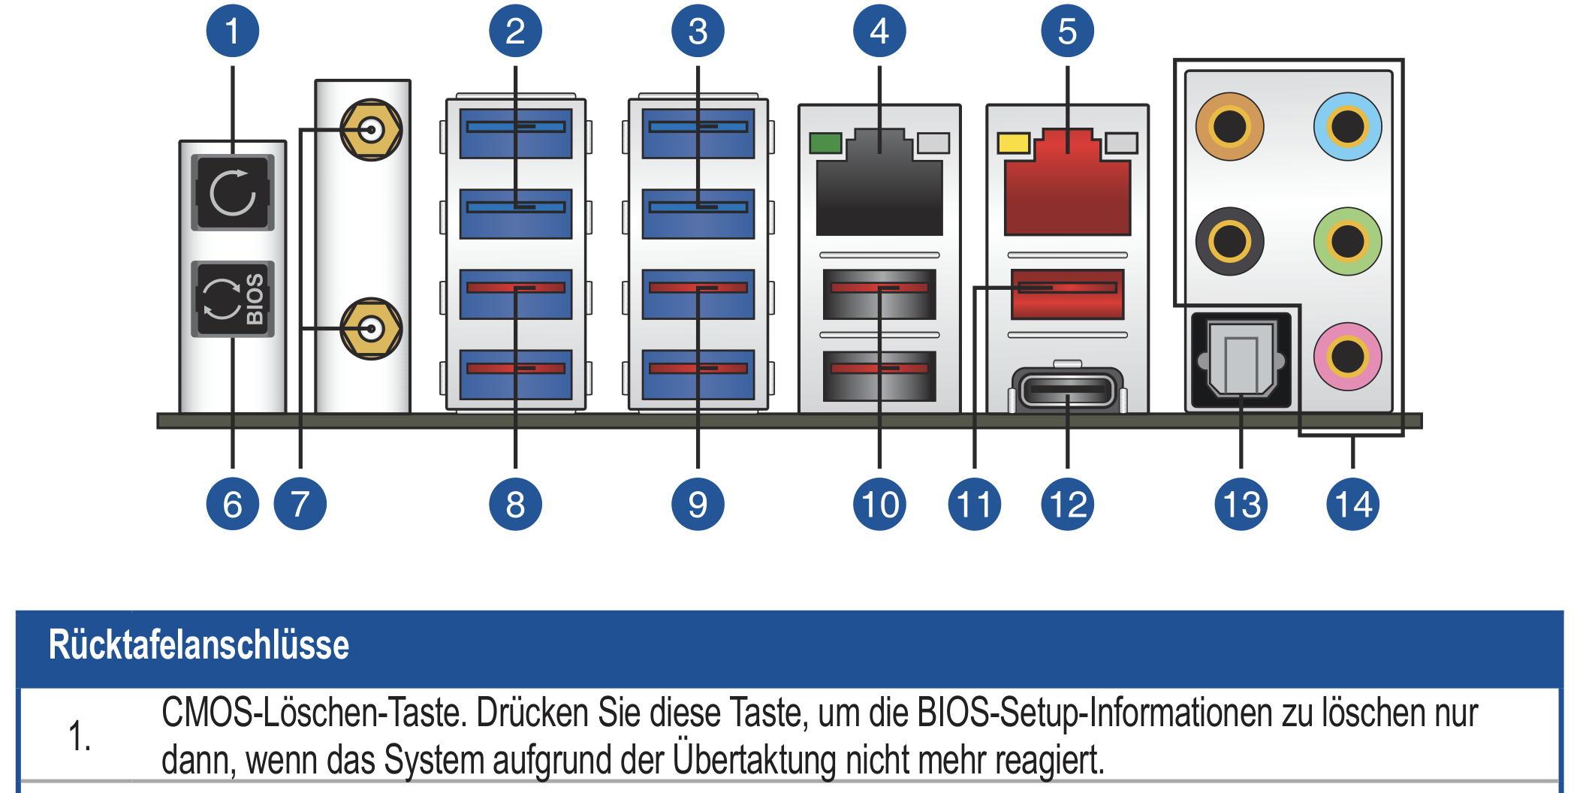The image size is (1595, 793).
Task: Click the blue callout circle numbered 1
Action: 232,31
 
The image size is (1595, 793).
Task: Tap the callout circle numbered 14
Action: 1352,504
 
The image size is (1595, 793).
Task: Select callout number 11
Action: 974,504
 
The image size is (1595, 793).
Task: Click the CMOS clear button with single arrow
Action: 233,192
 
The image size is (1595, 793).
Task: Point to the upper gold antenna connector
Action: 371,130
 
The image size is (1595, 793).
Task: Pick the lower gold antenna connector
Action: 371,329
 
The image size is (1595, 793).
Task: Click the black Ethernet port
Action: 879,188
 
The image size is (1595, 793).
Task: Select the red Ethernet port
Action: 1067,188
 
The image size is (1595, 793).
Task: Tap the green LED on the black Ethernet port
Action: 825,143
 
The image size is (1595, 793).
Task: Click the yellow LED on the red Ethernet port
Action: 1013,143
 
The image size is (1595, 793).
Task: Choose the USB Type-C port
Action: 1067,390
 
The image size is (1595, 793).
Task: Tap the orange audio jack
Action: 1229,126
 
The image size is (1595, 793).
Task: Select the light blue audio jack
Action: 1347,126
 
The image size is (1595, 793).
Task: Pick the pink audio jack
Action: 1347,357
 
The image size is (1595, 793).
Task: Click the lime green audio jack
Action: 1347,241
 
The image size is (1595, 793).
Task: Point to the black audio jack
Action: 1229,241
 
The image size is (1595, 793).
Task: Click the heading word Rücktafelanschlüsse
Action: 199,645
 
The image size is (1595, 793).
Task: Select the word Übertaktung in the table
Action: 754,760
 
